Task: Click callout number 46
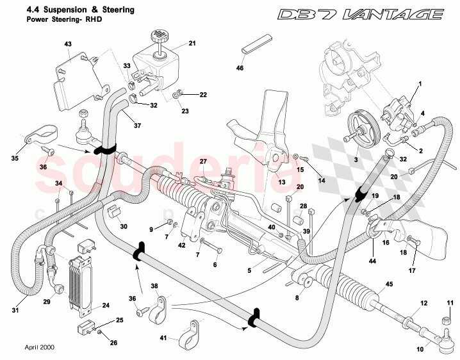(x=240, y=67)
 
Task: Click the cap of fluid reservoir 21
(x=158, y=35)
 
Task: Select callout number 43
(x=68, y=44)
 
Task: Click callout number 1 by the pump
(x=420, y=85)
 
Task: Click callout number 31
(x=16, y=311)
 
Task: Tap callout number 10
(x=420, y=350)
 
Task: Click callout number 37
(x=136, y=126)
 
